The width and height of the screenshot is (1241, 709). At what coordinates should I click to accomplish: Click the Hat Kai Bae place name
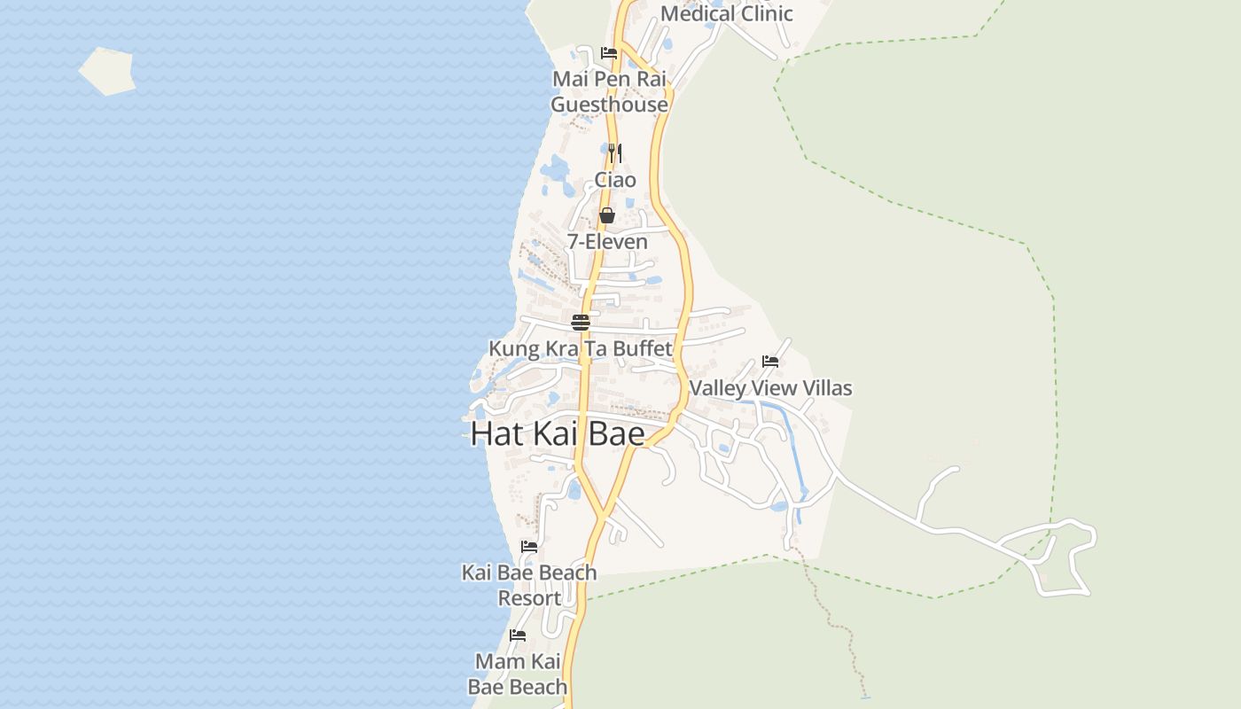pyautogui.click(x=558, y=433)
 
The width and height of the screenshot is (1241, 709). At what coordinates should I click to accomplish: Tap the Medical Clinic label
pyautogui.click(x=726, y=13)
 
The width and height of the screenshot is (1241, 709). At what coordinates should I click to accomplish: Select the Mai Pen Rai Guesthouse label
pyautogui.click(x=609, y=91)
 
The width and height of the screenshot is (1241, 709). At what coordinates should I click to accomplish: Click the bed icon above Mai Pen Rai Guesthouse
pyautogui.click(x=609, y=53)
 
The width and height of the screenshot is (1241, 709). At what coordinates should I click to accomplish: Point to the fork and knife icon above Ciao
pyautogui.click(x=615, y=153)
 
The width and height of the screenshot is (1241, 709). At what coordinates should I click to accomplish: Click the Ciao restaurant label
pyautogui.click(x=615, y=180)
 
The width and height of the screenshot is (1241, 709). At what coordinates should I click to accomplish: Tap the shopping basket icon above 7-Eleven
pyautogui.click(x=607, y=215)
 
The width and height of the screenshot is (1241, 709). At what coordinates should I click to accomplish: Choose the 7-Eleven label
pyautogui.click(x=607, y=241)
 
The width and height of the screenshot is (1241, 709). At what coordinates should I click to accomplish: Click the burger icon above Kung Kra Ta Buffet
pyautogui.click(x=581, y=323)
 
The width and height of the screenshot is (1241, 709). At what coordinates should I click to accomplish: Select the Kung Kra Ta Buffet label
pyautogui.click(x=581, y=348)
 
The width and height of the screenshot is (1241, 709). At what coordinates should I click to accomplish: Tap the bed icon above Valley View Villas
pyautogui.click(x=770, y=362)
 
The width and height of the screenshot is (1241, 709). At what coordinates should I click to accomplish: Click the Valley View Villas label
pyautogui.click(x=770, y=388)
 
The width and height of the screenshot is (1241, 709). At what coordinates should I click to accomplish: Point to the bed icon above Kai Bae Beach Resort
pyautogui.click(x=529, y=547)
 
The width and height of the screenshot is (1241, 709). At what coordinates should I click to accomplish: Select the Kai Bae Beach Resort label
pyautogui.click(x=529, y=585)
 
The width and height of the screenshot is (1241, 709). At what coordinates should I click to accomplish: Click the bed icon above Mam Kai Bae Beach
pyautogui.click(x=518, y=635)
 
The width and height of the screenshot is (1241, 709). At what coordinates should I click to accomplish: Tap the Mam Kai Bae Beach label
pyautogui.click(x=518, y=674)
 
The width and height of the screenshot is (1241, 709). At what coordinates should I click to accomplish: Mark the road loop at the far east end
pyautogui.click(x=1073, y=558)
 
